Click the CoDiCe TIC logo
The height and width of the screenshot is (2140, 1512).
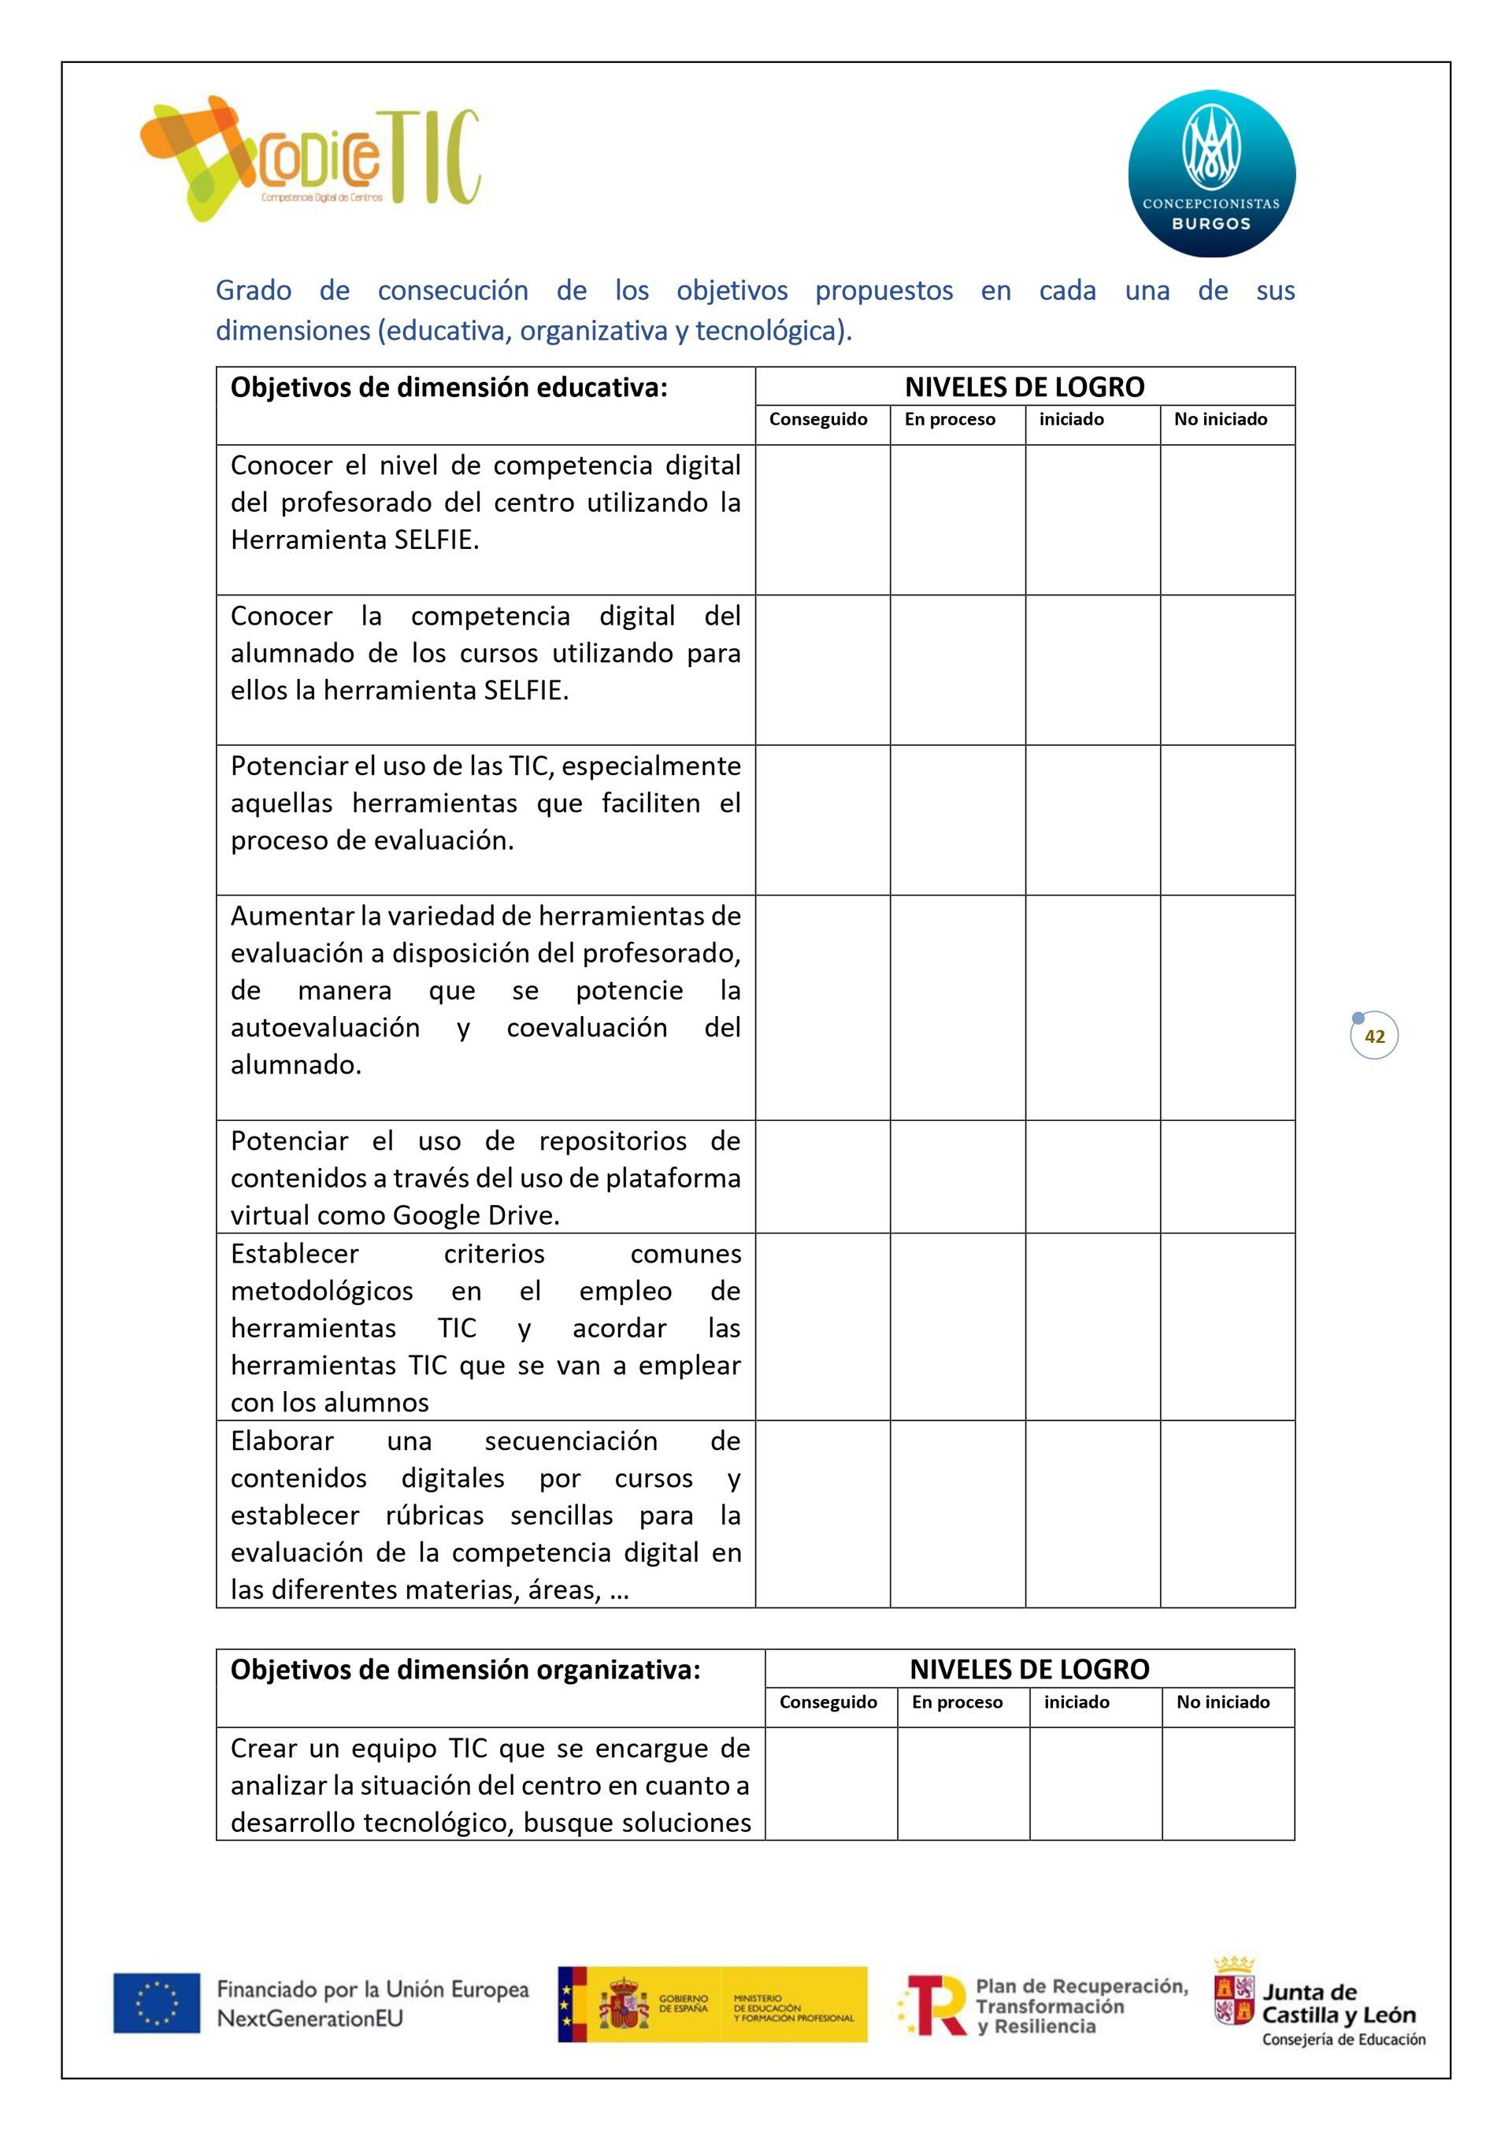309,158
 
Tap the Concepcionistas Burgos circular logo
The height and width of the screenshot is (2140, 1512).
1211,173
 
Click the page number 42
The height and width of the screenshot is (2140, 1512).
1374,1037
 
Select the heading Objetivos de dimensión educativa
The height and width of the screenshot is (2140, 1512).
448,388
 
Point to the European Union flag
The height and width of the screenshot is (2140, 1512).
157,2002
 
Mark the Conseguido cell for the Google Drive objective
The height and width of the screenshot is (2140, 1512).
822,1176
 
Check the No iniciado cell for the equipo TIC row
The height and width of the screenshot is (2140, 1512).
1228,1783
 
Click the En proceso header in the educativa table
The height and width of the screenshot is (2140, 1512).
949,420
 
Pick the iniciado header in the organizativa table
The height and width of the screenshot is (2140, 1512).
1076,1702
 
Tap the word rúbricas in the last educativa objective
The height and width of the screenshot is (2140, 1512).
435,1515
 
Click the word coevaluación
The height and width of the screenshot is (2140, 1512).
587,1027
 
